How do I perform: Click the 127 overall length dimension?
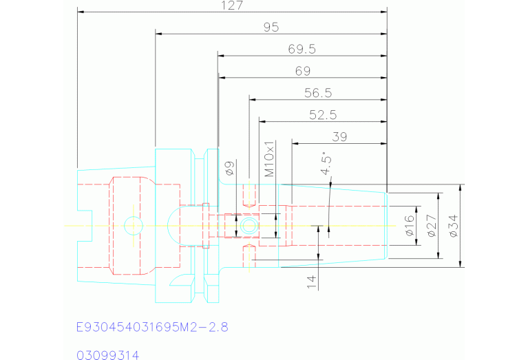pyautogui.click(x=233, y=6)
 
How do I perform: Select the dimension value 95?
pyautogui.click(x=271, y=28)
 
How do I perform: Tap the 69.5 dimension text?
pyautogui.click(x=302, y=49)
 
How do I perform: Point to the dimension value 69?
pyautogui.click(x=302, y=71)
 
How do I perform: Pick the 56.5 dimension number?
pyautogui.click(x=318, y=93)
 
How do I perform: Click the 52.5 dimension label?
pyautogui.click(x=322, y=114)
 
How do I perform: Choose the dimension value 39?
pyautogui.click(x=339, y=136)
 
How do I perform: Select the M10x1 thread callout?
pyautogui.click(x=270, y=159)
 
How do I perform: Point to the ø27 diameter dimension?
pyautogui.click(x=432, y=226)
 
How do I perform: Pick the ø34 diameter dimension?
pyautogui.click(x=453, y=226)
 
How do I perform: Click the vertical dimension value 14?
pyautogui.click(x=311, y=280)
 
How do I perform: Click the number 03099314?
pyautogui.click(x=108, y=355)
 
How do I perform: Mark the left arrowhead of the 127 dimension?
pyautogui.click(x=80, y=12)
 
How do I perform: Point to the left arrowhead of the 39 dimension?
pyautogui.click(x=295, y=143)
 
